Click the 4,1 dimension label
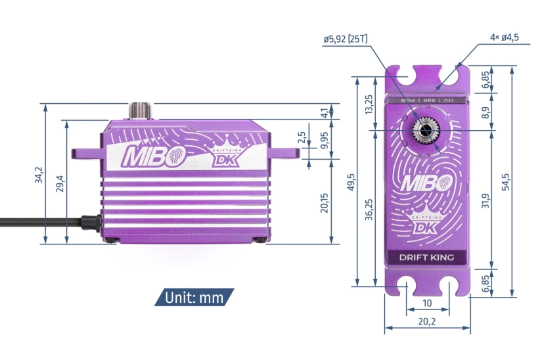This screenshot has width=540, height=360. tap(324, 112)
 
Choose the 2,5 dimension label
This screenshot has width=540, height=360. tap(302, 138)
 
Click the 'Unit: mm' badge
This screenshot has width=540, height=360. tap(194, 298)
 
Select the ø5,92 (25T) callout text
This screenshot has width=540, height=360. tap(346, 39)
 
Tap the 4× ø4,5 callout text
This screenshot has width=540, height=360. tap(504, 37)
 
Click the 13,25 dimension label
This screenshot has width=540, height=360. tap(369, 104)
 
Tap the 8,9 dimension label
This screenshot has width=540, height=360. tap(485, 112)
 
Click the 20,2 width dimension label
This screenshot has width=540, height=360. tap(426, 321)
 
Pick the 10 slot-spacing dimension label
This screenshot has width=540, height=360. tap(427, 303)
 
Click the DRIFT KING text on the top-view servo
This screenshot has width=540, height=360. tap(426, 257)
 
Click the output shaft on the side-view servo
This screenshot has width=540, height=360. tap(141, 110)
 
